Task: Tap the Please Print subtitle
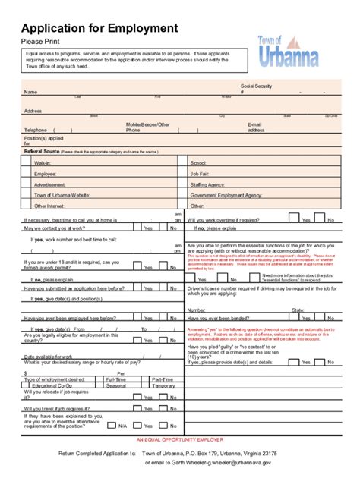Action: point(42,41)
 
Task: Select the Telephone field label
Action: point(36,129)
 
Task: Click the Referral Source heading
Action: point(42,152)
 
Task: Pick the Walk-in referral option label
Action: point(43,163)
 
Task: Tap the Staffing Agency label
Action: point(207,184)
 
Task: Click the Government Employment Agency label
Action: point(226,195)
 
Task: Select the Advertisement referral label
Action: point(49,184)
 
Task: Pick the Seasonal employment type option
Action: point(115,385)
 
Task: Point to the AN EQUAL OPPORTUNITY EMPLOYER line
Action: point(179,439)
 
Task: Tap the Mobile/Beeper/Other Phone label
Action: point(147,126)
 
